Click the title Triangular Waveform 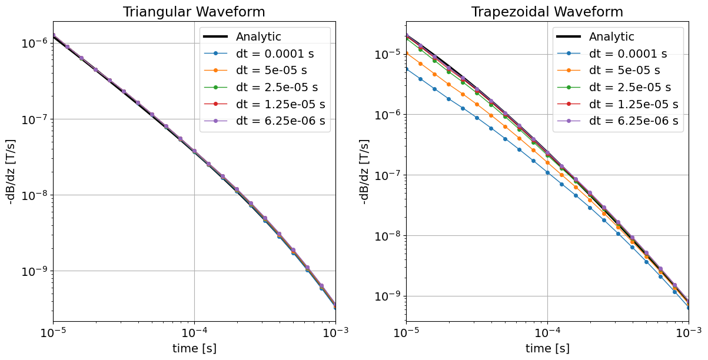click(x=194, y=12)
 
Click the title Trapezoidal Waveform click(x=547, y=12)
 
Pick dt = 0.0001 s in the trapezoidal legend click(x=627, y=54)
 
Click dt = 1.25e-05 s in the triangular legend click(x=280, y=105)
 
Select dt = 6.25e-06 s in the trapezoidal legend click(x=633, y=121)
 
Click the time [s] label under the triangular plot click(x=194, y=348)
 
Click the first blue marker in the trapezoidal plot click(x=406, y=69)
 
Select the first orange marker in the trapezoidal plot click(x=406, y=54)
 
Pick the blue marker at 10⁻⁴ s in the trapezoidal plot click(x=547, y=172)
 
